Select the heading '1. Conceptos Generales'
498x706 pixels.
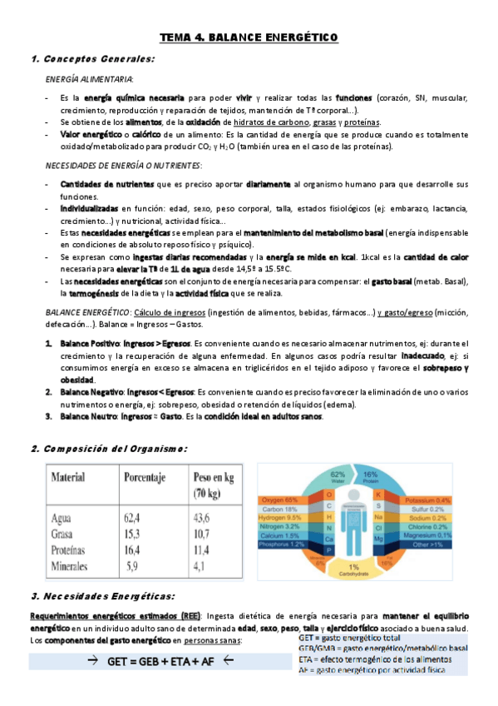pyautogui.click(x=91, y=59)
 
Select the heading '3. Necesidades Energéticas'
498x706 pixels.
pyautogui.click(x=102, y=596)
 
